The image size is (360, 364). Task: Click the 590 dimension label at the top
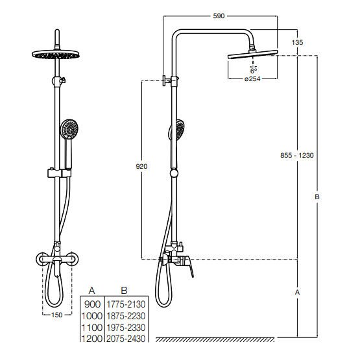click(x=219, y=16)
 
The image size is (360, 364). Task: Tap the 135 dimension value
click(x=297, y=42)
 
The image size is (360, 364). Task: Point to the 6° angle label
click(x=254, y=71)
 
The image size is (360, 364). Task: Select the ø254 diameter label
click(x=252, y=79)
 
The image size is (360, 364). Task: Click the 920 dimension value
click(x=141, y=167)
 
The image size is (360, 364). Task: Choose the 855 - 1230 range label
click(x=297, y=155)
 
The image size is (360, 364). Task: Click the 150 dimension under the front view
click(x=57, y=315)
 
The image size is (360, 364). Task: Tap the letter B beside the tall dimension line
click(x=317, y=197)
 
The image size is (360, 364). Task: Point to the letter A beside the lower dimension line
click(x=297, y=292)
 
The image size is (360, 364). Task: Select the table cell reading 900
click(x=92, y=304)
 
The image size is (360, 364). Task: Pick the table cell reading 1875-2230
click(x=126, y=316)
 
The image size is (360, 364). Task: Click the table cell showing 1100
click(x=92, y=328)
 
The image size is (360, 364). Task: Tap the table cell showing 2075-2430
click(x=126, y=339)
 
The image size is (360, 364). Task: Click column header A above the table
click(x=92, y=291)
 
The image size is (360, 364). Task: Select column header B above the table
click(x=124, y=291)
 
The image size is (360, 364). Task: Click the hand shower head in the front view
click(x=69, y=129)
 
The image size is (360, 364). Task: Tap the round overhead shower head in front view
click(x=56, y=55)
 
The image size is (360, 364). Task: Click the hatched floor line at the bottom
click(x=215, y=339)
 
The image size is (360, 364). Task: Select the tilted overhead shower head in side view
click(x=253, y=55)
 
